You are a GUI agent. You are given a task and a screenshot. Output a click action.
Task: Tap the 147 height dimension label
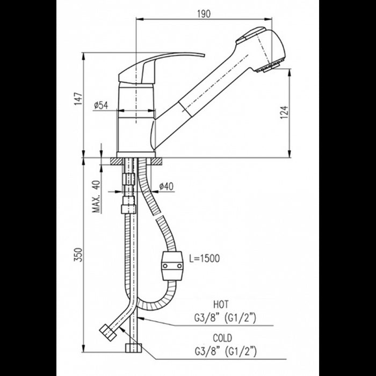click(79, 98)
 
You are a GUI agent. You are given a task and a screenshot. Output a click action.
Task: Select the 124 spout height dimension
click(285, 111)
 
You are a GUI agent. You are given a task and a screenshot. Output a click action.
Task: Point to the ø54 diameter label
click(101, 106)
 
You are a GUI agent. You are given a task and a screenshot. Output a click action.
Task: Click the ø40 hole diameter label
click(166, 186)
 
